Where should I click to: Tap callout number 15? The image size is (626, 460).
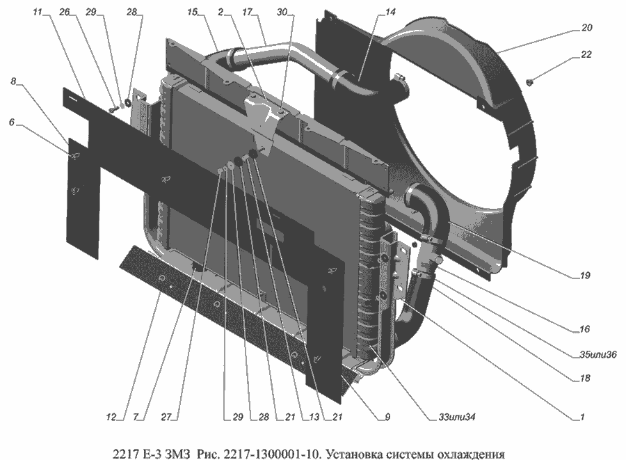[x=193, y=13]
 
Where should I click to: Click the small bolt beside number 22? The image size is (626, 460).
[x=530, y=83]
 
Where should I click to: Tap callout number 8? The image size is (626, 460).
[x=13, y=81]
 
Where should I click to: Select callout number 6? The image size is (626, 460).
[x=11, y=121]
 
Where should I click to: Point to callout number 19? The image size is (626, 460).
[x=585, y=276]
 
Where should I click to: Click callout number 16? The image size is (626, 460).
[x=585, y=329]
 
